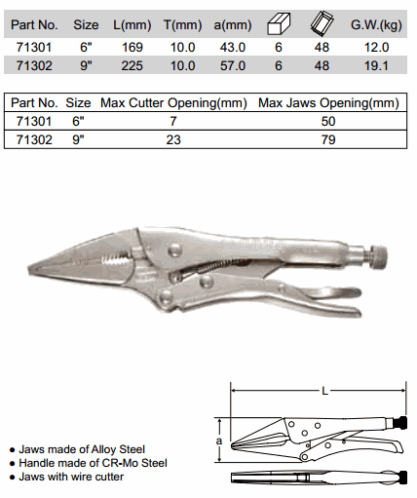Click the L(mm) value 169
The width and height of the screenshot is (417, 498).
coord(133,48)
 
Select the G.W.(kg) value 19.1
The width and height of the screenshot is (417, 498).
coord(376,66)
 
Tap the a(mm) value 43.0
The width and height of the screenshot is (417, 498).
coord(233,48)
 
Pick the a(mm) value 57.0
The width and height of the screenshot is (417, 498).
coord(233,66)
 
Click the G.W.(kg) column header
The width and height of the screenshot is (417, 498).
coord(376,25)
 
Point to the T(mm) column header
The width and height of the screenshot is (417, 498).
coord(182,25)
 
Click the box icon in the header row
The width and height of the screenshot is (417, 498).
coord(279,24)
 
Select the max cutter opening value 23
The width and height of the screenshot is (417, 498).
coord(173,140)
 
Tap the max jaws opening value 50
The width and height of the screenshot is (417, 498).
coord(328,122)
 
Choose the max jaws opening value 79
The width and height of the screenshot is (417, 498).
coord(328,140)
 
